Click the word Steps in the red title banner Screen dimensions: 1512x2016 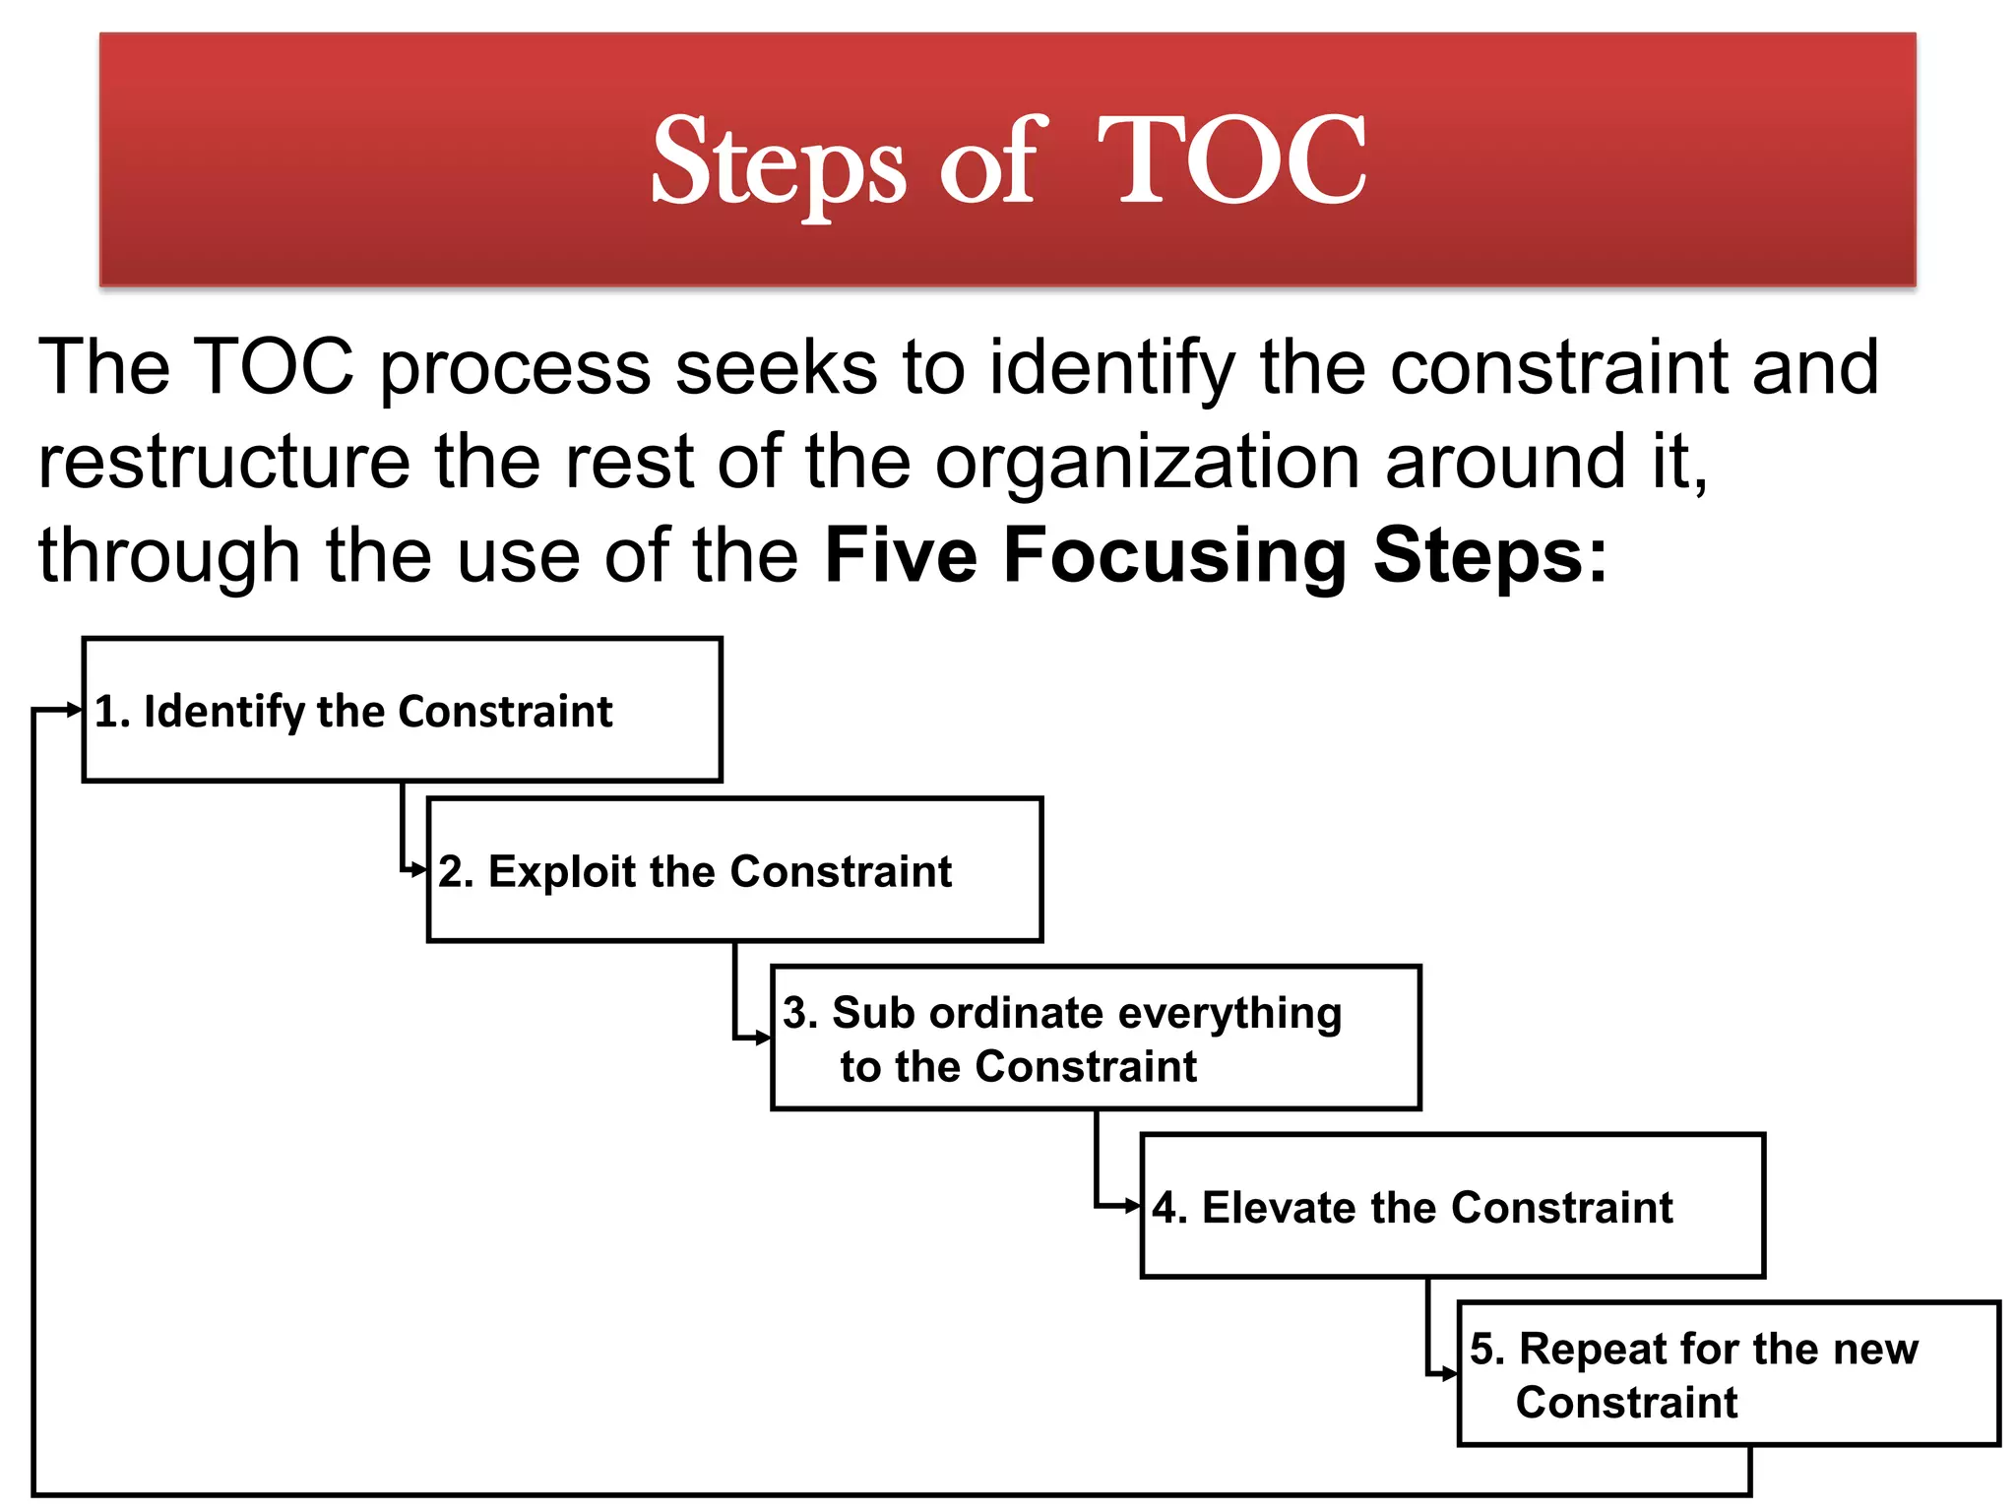click(x=778, y=162)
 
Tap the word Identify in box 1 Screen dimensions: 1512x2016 click(x=224, y=712)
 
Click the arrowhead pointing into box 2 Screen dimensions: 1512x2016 click(x=419, y=870)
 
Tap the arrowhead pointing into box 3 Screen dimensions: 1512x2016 click(x=763, y=1038)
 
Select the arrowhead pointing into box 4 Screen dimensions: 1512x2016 click(x=1132, y=1206)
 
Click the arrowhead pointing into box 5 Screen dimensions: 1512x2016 click(x=1449, y=1374)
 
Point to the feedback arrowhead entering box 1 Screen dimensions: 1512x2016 click(x=74, y=710)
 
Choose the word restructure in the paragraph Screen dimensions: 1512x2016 click(x=223, y=462)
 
